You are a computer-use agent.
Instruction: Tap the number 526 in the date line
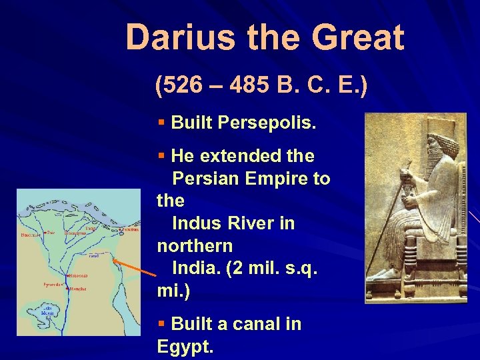[x=183, y=86]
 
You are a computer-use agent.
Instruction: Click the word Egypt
[x=185, y=347]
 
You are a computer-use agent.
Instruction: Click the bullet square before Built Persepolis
[x=161, y=123]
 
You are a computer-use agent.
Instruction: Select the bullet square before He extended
[x=161, y=156]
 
